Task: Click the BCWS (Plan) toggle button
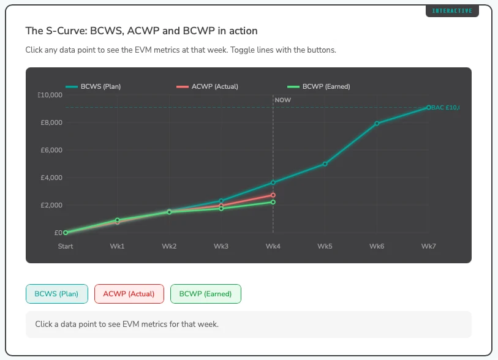(57, 294)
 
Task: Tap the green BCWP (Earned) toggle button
(205, 294)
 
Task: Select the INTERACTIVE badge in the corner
(452, 11)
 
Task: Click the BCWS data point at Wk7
(429, 108)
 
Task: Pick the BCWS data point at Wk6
(377, 124)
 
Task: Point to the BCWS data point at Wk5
(325, 164)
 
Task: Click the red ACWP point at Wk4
(273, 195)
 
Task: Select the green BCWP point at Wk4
(273, 202)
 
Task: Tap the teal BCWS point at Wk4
(273, 182)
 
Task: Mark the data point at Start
(66, 233)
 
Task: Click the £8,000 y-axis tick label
(51, 122)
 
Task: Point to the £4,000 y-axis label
(51, 178)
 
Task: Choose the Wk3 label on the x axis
(221, 246)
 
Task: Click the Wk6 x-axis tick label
(377, 246)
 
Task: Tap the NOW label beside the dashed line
(282, 100)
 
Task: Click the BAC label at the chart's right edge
(445, 108)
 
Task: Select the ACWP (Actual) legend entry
(208, 86)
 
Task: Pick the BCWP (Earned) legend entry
(319, 86)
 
